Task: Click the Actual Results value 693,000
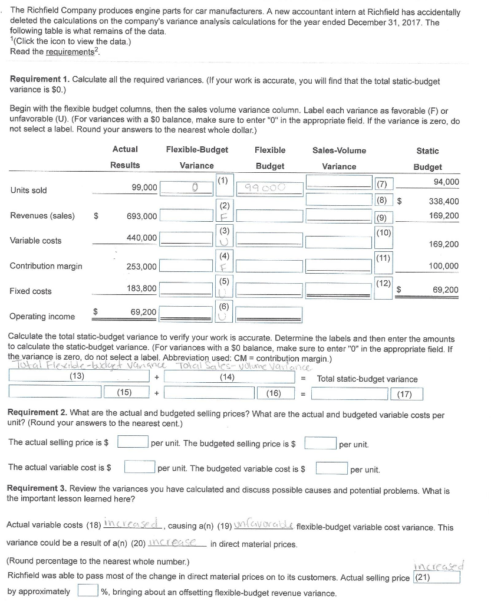142,216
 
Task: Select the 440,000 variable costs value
142,237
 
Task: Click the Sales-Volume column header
339,150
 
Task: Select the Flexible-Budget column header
197,150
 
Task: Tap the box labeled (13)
76,376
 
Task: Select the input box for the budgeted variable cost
331,469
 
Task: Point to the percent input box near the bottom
87,590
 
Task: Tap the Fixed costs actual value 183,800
142,288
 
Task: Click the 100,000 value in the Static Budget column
443,267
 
